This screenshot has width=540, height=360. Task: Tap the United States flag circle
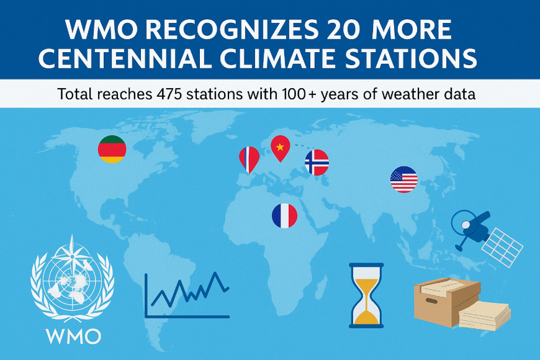pos(403,179)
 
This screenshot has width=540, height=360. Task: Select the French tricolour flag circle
pos(284,215)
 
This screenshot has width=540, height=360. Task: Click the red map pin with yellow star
pos(281,147)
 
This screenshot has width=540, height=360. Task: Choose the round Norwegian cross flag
pos(317,162)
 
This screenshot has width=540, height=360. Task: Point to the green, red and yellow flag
pos(112,150)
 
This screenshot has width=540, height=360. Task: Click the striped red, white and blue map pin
pos(248,159)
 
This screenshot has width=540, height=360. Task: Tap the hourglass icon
pos(366,295)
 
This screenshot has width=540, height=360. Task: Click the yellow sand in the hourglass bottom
pos(366,316)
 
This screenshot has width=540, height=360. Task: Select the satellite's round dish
pos(463,220)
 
